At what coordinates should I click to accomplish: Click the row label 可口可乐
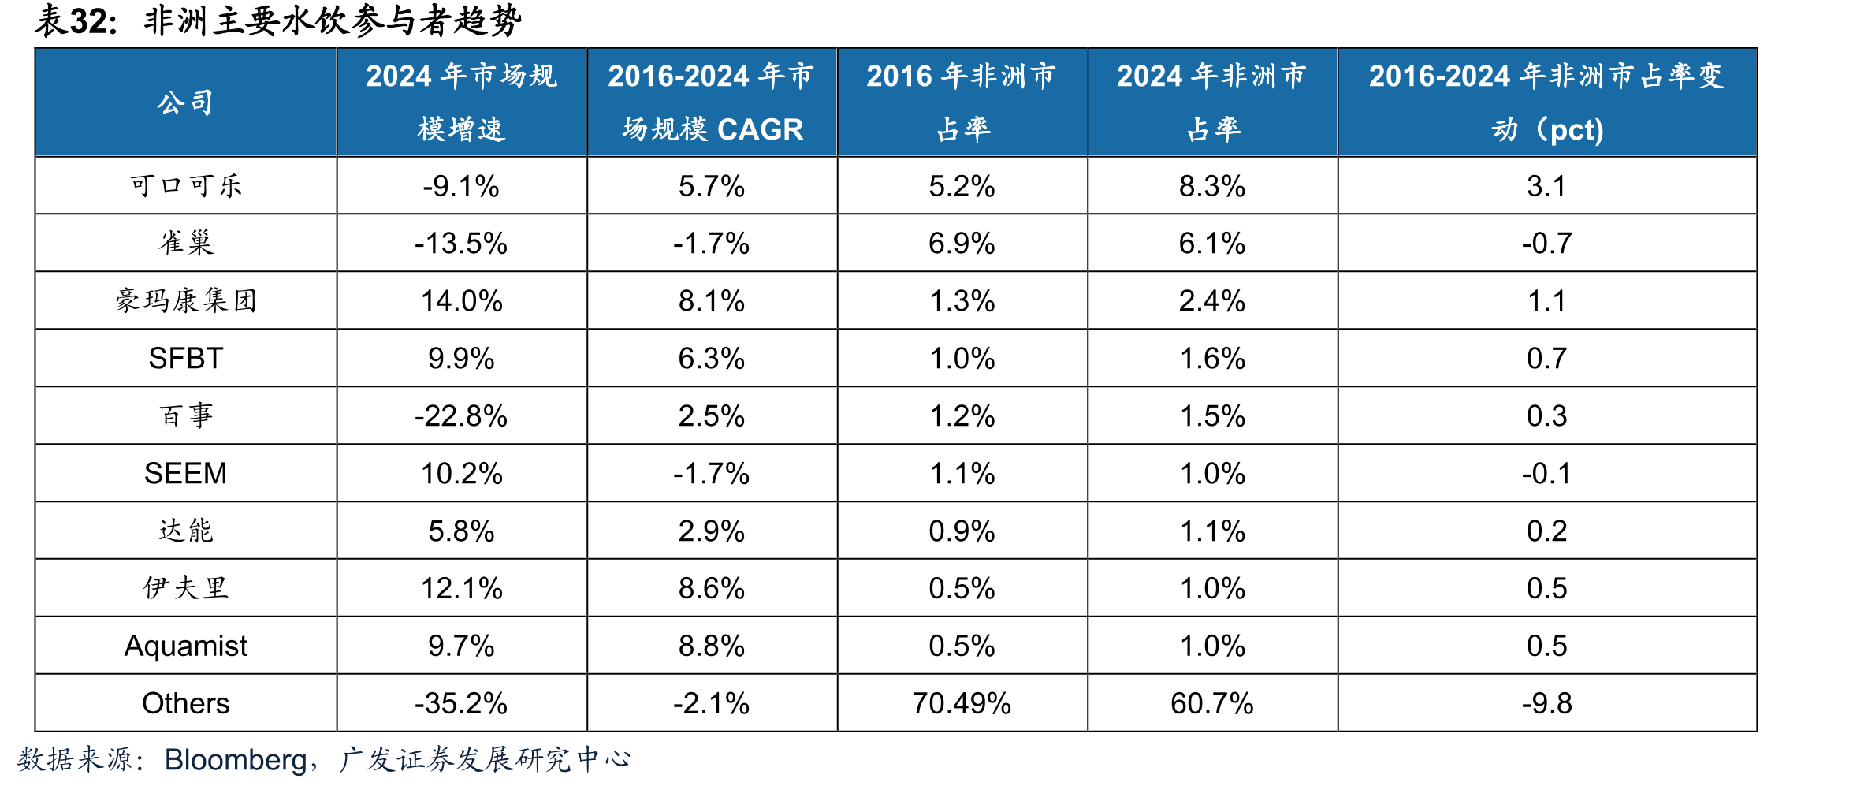pyautogui.click(x=186, y=186)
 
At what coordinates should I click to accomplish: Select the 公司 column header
pyautogui.click(x=186, y=102)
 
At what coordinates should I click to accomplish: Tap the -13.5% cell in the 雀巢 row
pyautogui.click(x=461, y=243)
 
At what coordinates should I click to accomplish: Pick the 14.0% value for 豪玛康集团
pyautogui.click(x=461, y=300)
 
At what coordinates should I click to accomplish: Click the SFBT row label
pyautogui.click(x=186, y=358)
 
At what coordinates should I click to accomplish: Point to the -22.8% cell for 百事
pyautogui.click(x=461, y=415)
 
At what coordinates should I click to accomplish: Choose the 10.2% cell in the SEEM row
pyautogui.click(x=461, y=473)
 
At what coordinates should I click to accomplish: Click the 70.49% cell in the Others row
pyautogui.click(x=962, y=703)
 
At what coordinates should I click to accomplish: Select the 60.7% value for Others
pyautogui.click(x=1212, y=703)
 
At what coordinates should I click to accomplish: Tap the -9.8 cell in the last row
pyautogui.click(x=1547, y=703)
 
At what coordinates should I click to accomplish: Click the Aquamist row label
pyautogui.click(x=186, y=646)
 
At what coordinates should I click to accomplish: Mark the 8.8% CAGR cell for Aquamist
pyautogui.click(x=712, y=646)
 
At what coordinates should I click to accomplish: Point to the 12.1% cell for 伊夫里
pyautogui.click(x=461, y=588)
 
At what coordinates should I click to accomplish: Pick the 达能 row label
pyautogui.click(x=186, y=531)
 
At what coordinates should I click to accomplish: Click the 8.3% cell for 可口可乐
pyautogui.click(x=1212, y=186)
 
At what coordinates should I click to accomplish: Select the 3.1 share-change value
pyautogui.click(x=1547, y=186)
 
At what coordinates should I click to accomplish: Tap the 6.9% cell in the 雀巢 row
pyautogui.click(x=962, y=243)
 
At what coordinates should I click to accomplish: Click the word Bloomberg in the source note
pyautogui.click(x=236, y=760)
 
